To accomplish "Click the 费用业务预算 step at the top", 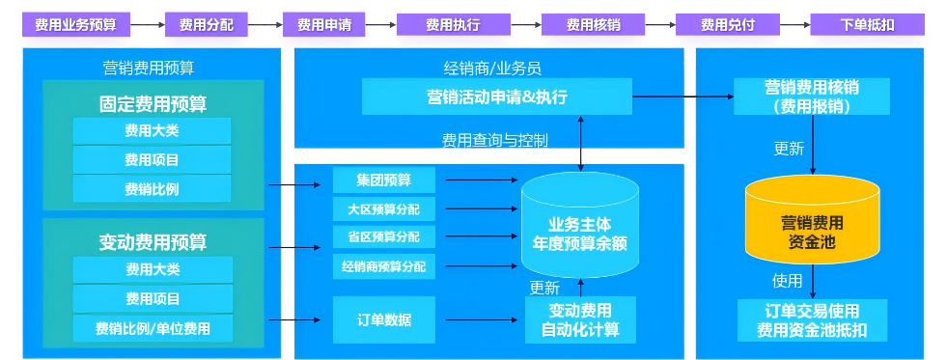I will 74,25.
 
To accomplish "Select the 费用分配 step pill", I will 206,25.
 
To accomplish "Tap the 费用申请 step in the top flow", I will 323,25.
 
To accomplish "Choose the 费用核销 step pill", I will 592,25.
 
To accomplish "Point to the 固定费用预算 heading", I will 153,103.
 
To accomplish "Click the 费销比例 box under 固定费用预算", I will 152,188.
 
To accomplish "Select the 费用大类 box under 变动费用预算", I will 152,269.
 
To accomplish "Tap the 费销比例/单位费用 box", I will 152,328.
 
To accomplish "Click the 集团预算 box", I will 383,180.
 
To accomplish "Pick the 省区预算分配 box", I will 383,236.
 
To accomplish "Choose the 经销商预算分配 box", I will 383,265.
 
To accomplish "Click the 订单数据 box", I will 383,319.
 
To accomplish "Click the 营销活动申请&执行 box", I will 496,97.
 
